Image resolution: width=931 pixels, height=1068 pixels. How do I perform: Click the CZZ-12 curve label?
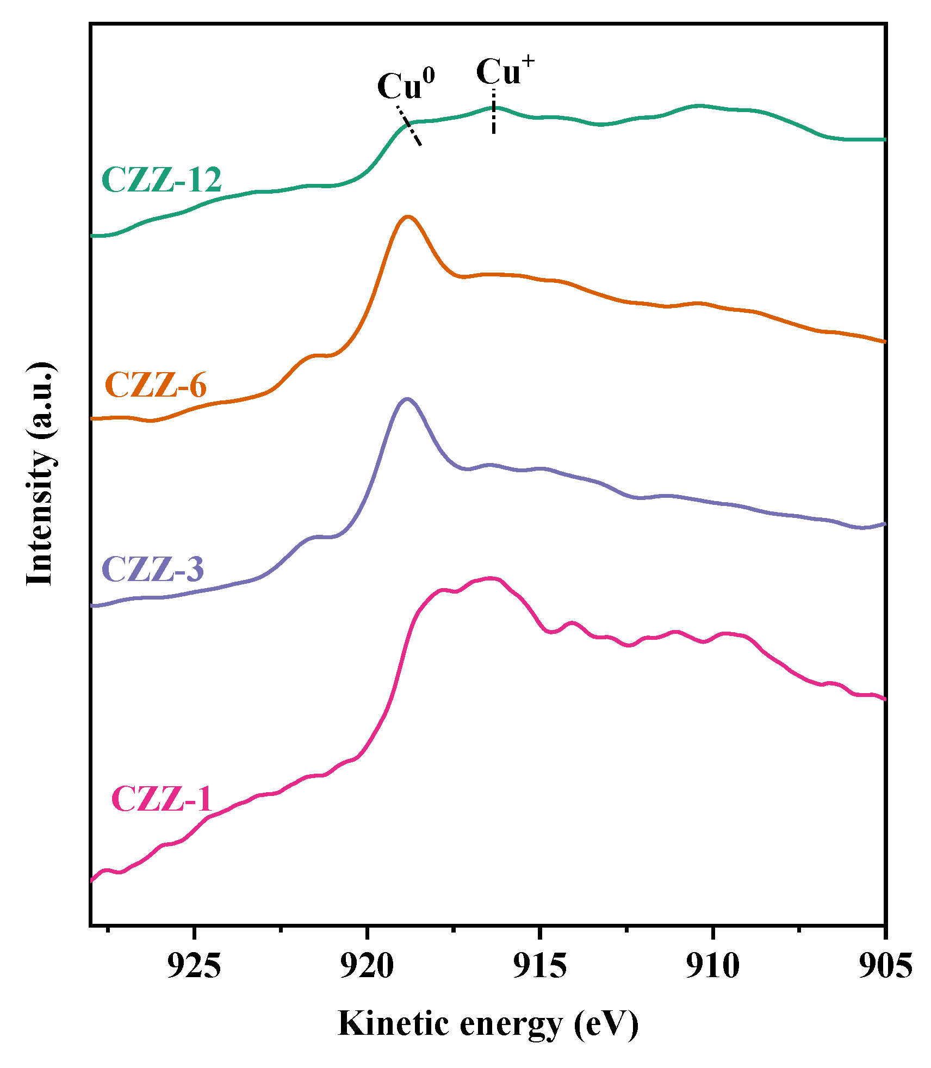click(162, 180)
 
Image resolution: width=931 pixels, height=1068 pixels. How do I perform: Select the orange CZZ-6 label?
click(156, 385)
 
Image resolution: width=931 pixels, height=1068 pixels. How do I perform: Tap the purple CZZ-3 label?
click(153, 569)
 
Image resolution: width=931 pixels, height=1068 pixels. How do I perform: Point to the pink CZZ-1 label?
click(161, 799)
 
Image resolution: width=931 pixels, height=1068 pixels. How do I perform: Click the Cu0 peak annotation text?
click(406, 85)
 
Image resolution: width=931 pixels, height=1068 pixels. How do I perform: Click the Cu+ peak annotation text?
click(505, 71)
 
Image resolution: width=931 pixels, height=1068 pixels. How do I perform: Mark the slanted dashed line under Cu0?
click(409, 126)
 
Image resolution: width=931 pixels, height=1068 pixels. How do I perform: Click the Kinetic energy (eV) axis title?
click(488, 1024)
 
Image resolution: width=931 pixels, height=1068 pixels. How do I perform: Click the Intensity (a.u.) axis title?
click(41, 474)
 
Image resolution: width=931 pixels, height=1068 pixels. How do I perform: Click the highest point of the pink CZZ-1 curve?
click(491, 578)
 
